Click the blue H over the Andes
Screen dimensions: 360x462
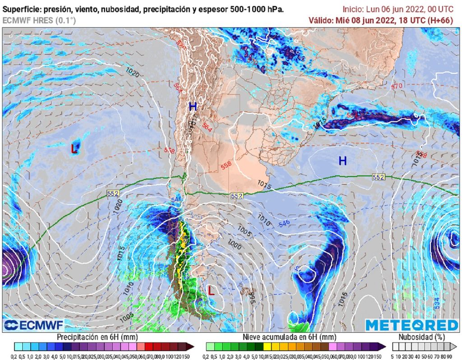click(193, 106)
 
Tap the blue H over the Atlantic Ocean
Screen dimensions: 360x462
click(343, 161)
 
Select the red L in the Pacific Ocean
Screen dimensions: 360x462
click(74, 148)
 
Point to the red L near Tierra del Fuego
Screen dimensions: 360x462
click(211, 291)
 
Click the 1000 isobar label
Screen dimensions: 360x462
click(235, 245)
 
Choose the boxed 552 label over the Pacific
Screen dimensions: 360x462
click(113, 193)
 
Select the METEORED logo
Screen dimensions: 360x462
click(411, 325)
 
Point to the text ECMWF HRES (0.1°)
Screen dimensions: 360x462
click(39, 20)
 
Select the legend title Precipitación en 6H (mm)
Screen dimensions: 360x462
click(97, 337)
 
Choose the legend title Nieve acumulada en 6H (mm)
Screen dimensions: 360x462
click(289, 337)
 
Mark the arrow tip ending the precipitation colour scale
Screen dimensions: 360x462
click(193, 346)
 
